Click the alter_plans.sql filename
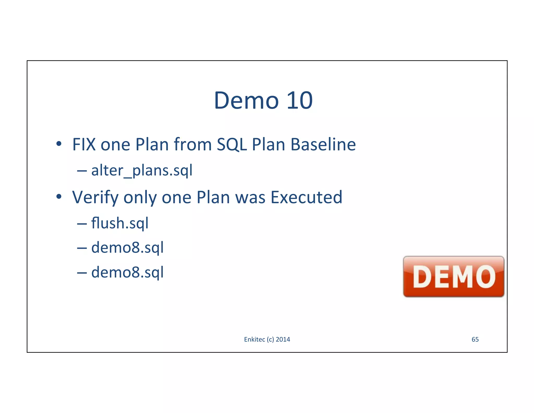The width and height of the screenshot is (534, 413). (142, 170)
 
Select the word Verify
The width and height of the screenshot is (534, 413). (95, 197)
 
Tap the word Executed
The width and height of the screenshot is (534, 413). (306, 197)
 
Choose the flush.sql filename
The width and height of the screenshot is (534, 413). (120, 223)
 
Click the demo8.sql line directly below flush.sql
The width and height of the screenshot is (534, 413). (127, 247)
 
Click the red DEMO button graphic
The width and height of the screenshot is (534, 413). (453, 276)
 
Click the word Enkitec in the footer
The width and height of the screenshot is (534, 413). (254, 339)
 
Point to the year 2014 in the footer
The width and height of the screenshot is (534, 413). (283, 339)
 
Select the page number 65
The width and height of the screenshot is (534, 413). (475, 339)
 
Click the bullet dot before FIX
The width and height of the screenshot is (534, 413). (59, 144)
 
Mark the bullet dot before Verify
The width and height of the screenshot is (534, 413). (59, 197)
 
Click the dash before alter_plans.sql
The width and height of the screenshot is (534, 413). (82, 171)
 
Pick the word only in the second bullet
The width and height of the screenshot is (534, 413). (140, 198)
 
